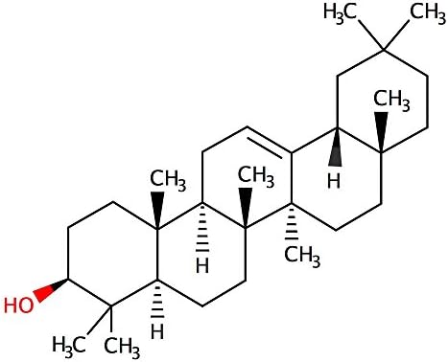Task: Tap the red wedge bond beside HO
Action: pyautogui.click(x=48, y=289)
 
